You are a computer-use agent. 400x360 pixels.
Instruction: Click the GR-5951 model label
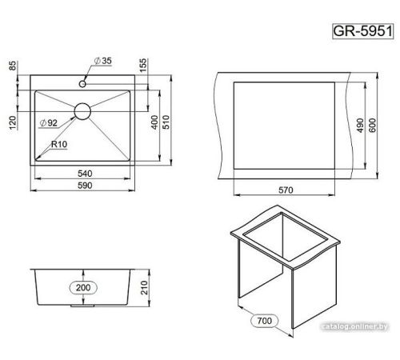click(x=363, y=31)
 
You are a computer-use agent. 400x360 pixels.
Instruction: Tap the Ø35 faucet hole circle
click(x=82, y=84)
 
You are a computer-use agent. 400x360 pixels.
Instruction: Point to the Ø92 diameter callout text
click(x=48, y=123)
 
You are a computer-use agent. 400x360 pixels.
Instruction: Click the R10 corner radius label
click(x=59, y=145)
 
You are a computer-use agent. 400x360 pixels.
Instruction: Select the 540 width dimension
click(x=85, y=174)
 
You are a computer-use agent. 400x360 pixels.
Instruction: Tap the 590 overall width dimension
click(x=85, y=186)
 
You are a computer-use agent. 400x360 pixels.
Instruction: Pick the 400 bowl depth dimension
click(x=154, y=122)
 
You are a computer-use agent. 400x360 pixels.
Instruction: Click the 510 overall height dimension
click(x=166, y=122)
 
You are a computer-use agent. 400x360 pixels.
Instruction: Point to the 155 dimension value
click(x=143, y=66)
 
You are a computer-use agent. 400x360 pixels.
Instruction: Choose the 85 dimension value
click(x=13, y=66)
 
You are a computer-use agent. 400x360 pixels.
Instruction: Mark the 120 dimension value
click(x=13, y=122)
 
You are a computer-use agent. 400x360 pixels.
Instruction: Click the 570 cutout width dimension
click(x=286, y=190)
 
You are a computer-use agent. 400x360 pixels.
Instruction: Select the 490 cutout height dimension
click(x=360, y=126)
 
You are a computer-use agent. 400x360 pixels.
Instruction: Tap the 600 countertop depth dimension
click(x=372, y=126)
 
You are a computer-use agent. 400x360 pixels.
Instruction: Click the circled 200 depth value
click(x=83, y=288)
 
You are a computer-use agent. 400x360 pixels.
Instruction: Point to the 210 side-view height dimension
click(x=144, y=287)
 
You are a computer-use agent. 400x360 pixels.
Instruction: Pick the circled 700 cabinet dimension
click(x=265, y=321)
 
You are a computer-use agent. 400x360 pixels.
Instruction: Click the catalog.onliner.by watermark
click(x=355, y=326)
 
